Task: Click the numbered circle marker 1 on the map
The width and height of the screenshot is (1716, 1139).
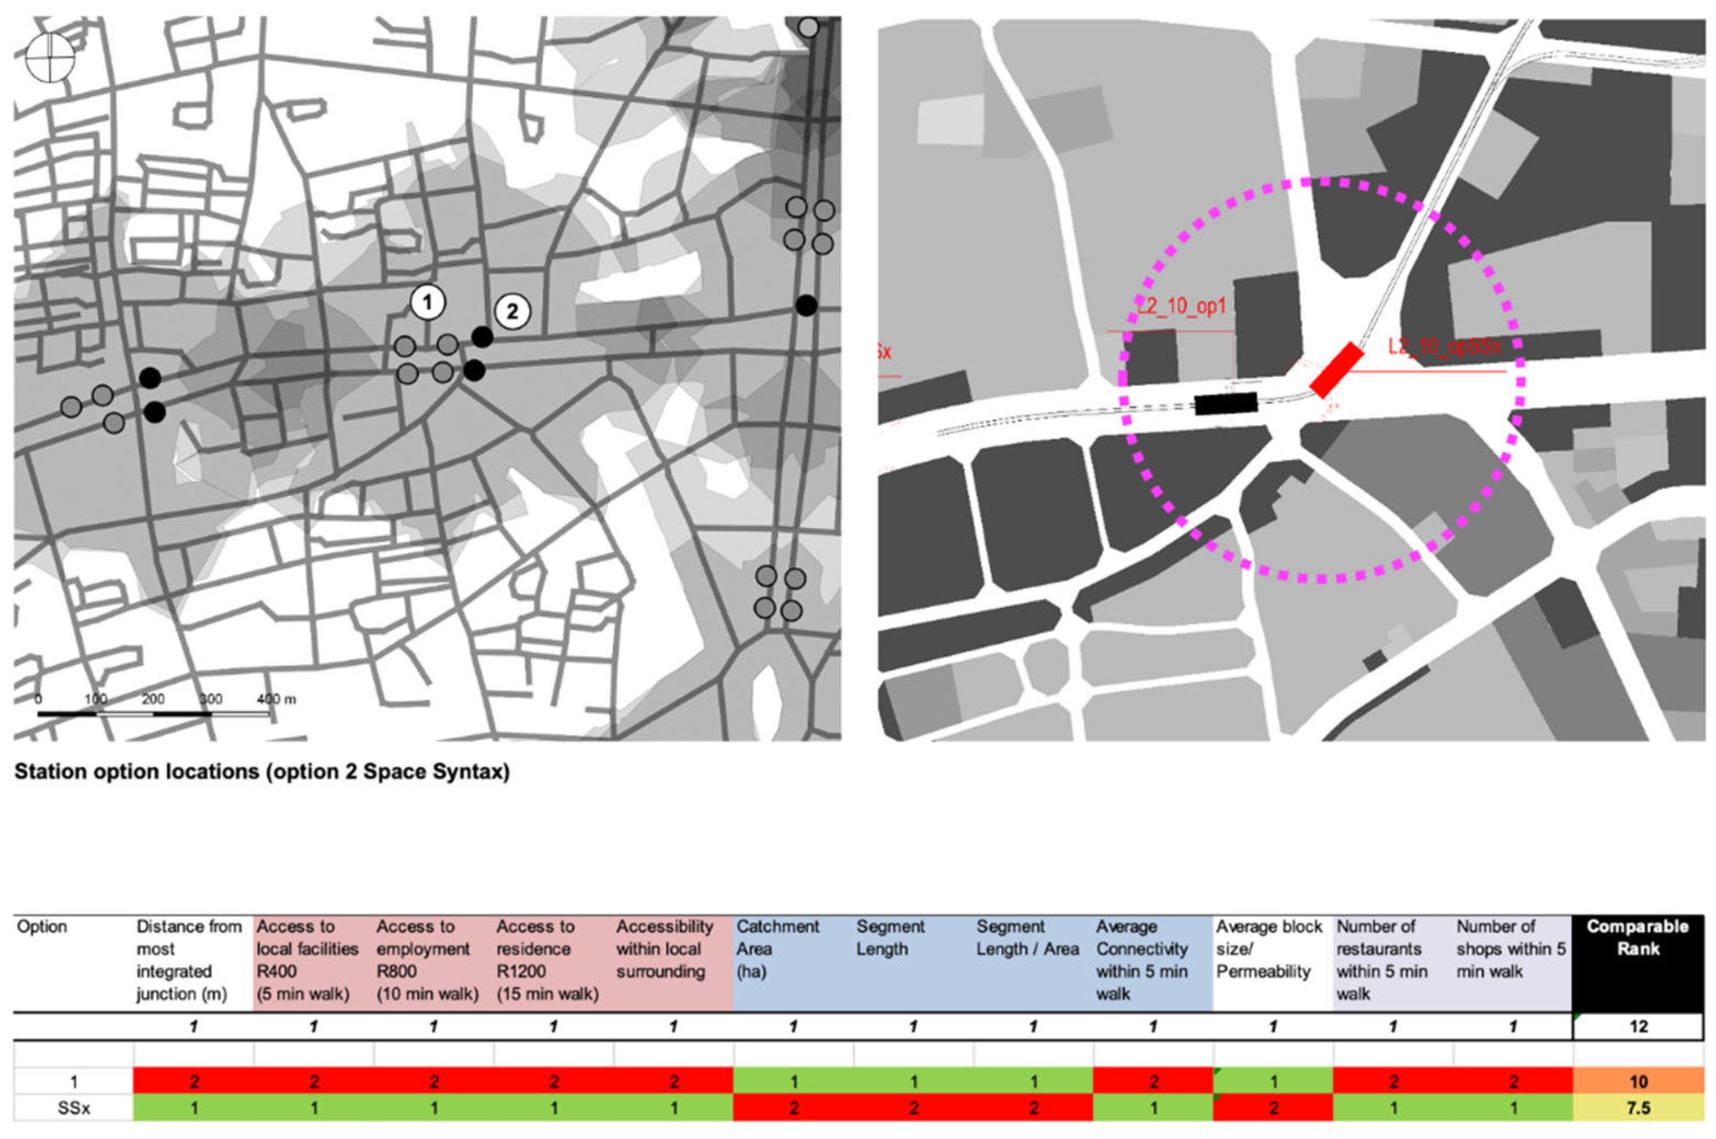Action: [x=428, y=303]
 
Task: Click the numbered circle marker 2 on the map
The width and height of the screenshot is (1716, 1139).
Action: [x=512, y=312]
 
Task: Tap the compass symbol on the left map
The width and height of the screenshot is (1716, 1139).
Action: [x=50, y=58]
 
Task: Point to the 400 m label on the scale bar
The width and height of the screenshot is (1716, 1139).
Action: [x=277, y=699]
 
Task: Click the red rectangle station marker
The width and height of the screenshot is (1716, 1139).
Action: [x=1336, y=370]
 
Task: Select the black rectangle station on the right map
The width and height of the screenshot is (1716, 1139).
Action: [x=1226, y=403]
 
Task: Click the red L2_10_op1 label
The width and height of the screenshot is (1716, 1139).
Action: [x=1181, y=306]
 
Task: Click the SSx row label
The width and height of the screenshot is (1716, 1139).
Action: [x=74, y=1108]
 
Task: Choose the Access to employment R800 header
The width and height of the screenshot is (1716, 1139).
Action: [x=427, y=960]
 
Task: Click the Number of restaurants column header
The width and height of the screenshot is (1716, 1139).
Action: [x=1381, y=960]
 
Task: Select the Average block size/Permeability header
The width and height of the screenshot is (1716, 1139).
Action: [x=1269, y=949]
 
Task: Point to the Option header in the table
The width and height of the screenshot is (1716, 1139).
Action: [x=42, y=927]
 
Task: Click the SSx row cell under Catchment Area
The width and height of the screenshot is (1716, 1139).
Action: [x=794, y=1108]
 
